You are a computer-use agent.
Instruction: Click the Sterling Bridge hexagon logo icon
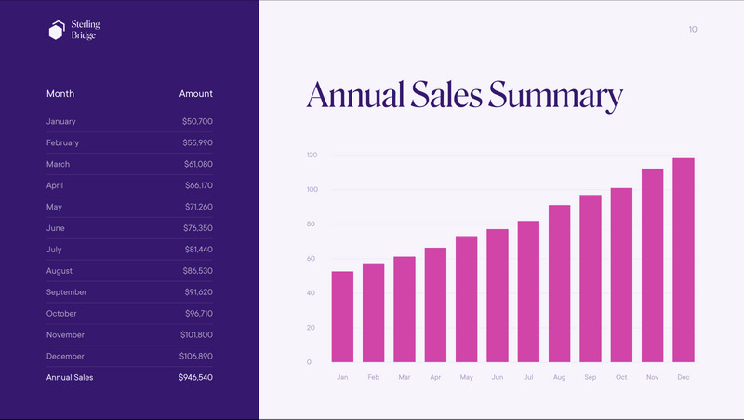[57, 31]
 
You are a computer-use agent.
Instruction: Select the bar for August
[559, 283]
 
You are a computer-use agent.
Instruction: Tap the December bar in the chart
[684, 260]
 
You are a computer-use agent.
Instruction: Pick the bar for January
[342, 317]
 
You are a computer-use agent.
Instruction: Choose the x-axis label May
[466, 377]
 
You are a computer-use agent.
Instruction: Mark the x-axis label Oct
[621, 377]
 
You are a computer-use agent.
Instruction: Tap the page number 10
[693, 30]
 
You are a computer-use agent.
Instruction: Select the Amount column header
[195, 94]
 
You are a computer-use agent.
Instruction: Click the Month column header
[60, 94]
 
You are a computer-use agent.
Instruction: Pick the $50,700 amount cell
[197, 122]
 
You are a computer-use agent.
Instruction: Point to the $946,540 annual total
[195, 378]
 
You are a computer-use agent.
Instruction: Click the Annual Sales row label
[70, 378]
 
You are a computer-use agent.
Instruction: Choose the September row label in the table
[66, 292]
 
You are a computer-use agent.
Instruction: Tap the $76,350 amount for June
[197, 228]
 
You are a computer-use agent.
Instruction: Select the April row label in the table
[57, 185]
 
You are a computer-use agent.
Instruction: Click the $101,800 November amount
[196, 335]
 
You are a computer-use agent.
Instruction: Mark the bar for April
[435, 305]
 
